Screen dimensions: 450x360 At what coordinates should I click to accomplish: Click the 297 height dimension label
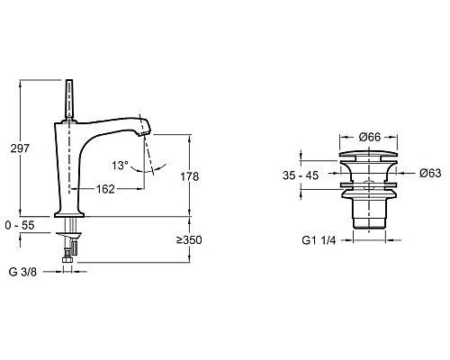[x=20, y=148]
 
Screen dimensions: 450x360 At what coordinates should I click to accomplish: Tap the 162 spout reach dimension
[x=105, y=189]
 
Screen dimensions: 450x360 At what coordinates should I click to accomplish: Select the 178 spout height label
[x=190, y=176]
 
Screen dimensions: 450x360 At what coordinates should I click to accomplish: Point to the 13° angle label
[x=120, y=166]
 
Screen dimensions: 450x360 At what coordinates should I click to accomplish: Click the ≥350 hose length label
[x=189, y=240]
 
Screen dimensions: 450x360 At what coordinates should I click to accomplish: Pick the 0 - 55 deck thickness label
[x=20, y=225]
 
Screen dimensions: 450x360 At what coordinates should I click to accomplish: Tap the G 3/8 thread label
[x=22, y=272]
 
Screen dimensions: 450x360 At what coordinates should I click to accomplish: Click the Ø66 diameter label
[x=370, y=137]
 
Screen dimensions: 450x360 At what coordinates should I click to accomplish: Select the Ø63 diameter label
[x=430, y=173]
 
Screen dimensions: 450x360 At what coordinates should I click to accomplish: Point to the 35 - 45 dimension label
[x=301, y=175]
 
